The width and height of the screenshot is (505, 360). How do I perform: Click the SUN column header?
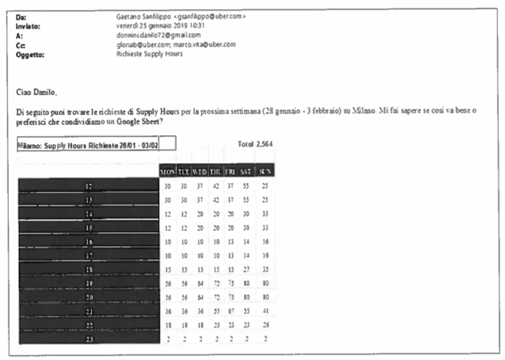click(x=265, y=170)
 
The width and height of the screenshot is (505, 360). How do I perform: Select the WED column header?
click(x=199, y=170)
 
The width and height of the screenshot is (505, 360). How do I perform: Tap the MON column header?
click(x=167, y=170)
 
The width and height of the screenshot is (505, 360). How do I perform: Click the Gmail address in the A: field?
click(x=150, y=35)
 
